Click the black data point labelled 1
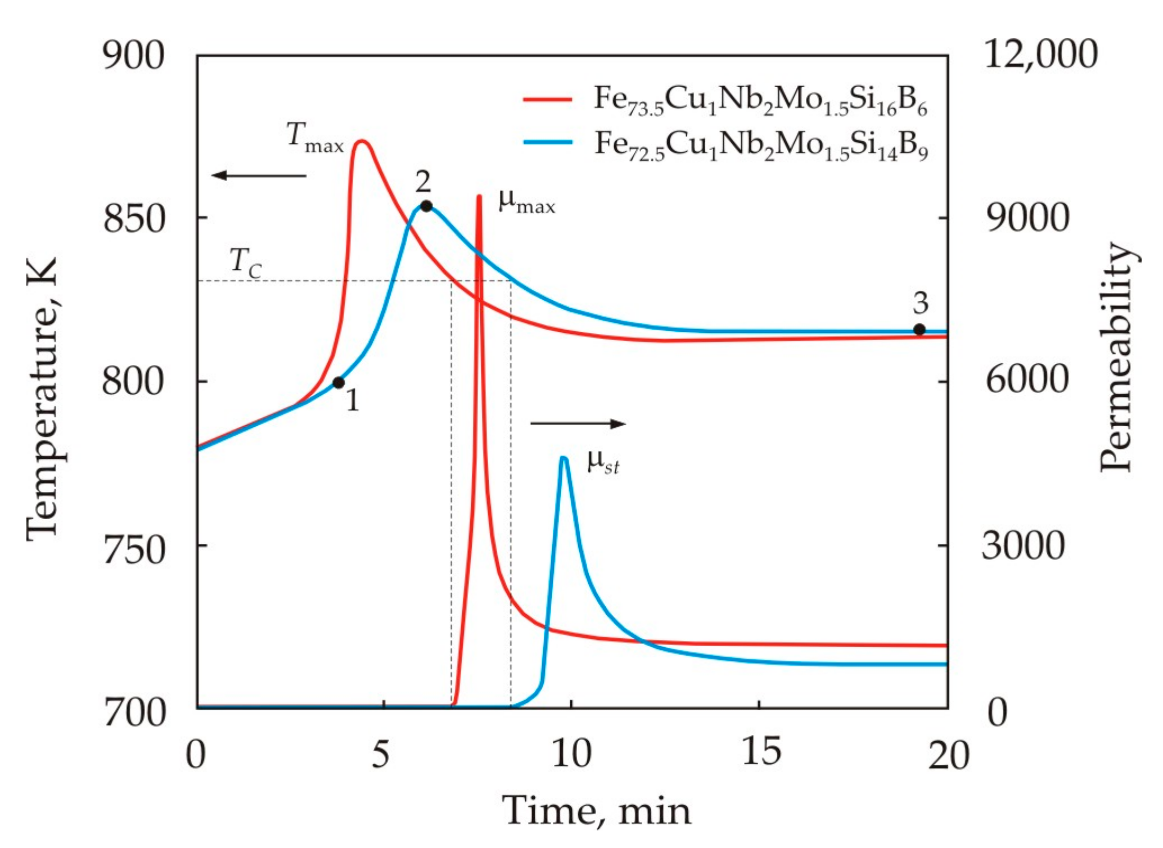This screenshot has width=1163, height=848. tap(339, 383)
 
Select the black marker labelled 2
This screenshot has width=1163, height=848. tap(426, 206)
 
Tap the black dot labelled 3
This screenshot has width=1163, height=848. tap(919, 330)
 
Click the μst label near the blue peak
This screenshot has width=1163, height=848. tap(603, 463)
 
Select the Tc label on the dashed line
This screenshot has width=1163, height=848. tap(246, 263)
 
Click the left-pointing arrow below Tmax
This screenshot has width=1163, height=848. tap(259, 175)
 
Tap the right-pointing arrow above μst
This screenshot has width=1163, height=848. tap(578, 423)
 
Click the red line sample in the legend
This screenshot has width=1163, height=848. tap(547, 99)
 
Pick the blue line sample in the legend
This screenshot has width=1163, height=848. tap(547, 143)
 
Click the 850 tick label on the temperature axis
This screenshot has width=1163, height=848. tap(134, 219)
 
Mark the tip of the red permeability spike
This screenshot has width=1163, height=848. tap(479, 197)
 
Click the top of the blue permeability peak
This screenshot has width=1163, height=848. tap(564, 458)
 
